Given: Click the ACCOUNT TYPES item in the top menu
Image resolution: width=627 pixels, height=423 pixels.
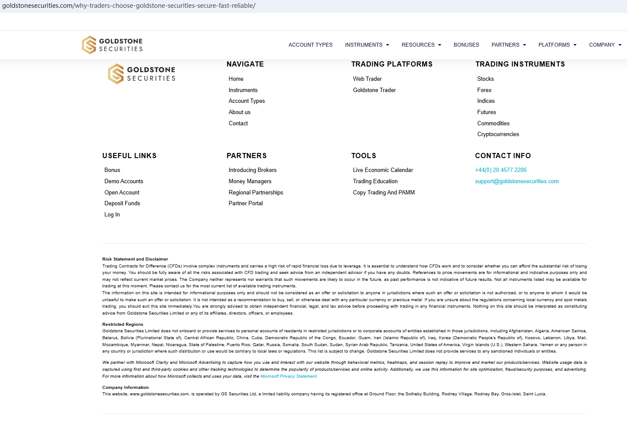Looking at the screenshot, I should coord(310,45).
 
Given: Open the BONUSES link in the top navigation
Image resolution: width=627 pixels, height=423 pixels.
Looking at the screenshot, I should coord(466,45).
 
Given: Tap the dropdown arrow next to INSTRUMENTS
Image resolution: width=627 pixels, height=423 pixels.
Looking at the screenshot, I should coord(388,45).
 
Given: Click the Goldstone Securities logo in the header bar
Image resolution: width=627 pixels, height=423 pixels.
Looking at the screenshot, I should coord(113,45).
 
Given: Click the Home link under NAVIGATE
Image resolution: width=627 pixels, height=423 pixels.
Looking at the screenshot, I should coord(236,79).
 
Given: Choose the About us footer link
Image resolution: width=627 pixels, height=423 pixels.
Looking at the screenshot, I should coord(239,112).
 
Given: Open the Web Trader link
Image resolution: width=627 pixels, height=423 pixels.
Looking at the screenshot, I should coord(367,79).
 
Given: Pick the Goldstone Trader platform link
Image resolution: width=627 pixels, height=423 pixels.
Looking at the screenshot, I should coord(374,90).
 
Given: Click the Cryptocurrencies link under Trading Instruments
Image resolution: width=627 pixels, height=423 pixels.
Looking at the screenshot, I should coord(498,134).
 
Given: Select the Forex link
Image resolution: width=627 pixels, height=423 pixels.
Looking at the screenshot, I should coord(484,90).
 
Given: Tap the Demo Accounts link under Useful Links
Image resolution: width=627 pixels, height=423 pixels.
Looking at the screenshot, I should coord(124,181).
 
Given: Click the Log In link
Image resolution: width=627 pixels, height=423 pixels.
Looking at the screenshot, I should coord(112,215).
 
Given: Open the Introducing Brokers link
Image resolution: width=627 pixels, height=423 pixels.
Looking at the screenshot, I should coord(253,170).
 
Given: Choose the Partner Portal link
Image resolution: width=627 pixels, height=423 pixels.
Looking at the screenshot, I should coord(246,204).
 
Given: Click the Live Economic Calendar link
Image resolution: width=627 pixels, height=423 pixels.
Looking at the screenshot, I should coord(383,170).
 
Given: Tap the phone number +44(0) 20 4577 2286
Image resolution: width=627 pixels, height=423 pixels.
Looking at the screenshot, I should coord(501,170).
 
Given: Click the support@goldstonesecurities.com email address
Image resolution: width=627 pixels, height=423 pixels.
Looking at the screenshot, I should coord(517,181).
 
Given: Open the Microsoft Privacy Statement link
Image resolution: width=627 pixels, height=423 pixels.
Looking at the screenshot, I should coord(289,376).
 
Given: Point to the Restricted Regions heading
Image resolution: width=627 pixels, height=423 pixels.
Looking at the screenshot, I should coord(122,324).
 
